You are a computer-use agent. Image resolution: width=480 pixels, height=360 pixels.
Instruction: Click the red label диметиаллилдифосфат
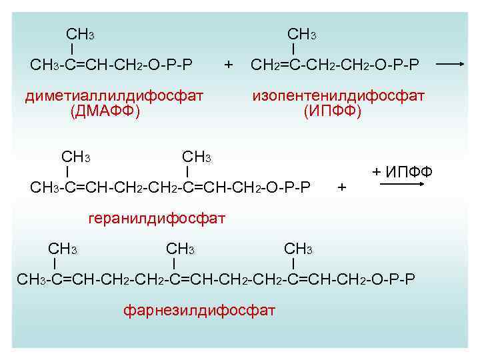[113, 95]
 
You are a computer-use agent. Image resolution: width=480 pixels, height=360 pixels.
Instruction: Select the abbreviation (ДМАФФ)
[105, 111]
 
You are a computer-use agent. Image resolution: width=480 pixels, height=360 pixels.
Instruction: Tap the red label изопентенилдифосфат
[338, 95]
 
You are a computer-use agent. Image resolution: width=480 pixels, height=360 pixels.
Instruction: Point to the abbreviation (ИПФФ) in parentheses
[332, 111]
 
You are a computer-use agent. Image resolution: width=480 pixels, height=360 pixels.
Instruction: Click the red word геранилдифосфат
[157, 218]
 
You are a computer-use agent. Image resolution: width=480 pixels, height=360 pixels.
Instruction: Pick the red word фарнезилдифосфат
[199, 309]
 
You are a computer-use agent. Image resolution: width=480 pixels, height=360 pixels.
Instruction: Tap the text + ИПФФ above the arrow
[402, 172]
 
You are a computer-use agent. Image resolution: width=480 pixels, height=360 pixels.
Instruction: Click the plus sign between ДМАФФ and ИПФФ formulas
[229, 65]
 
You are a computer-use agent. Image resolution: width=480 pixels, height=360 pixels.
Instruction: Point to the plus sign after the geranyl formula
[342, 187]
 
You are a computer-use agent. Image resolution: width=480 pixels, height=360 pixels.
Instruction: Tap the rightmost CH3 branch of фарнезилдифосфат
[298, 249]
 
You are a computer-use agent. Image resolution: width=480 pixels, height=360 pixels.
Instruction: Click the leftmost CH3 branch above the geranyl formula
[76, 157]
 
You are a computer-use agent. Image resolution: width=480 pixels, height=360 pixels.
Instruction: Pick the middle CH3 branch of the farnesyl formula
[180, 249]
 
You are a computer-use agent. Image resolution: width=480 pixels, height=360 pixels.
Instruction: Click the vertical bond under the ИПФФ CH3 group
[293, 49]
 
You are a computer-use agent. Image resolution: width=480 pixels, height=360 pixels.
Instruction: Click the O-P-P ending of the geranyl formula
[288, 187]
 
